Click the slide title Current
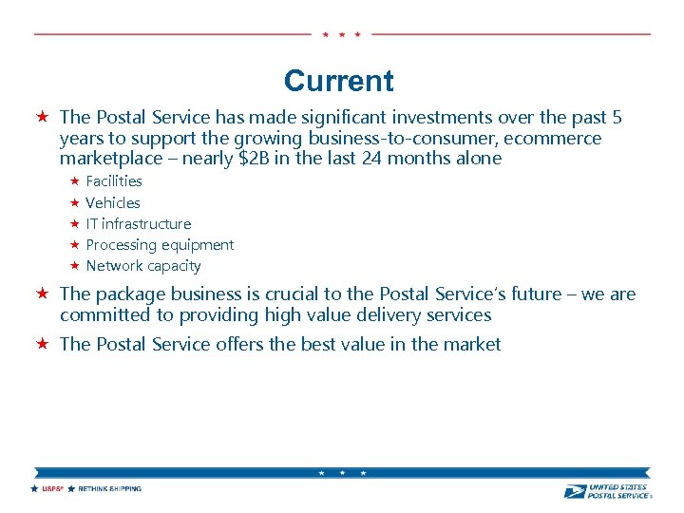pos(338,81)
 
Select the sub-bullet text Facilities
pos(114,181)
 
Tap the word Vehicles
pos(113,202)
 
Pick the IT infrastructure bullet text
pos(139,224)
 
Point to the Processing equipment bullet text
pos(160,245)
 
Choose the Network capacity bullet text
pos(143,266)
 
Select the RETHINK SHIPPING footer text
pos(109,489)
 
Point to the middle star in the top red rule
pos(341,34)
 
